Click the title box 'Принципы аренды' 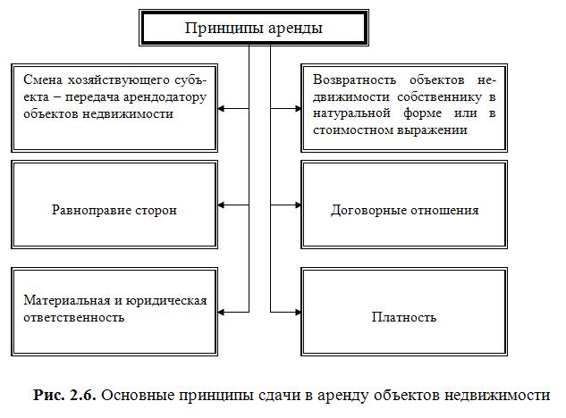tap(253, 28)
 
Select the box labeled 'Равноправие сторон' tap(114, 211)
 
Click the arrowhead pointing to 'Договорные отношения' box tap(298, 205)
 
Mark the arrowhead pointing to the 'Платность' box tap(298, 311)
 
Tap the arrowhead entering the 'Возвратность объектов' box tap(298, 109)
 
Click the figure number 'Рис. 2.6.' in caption tap(60, 394)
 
